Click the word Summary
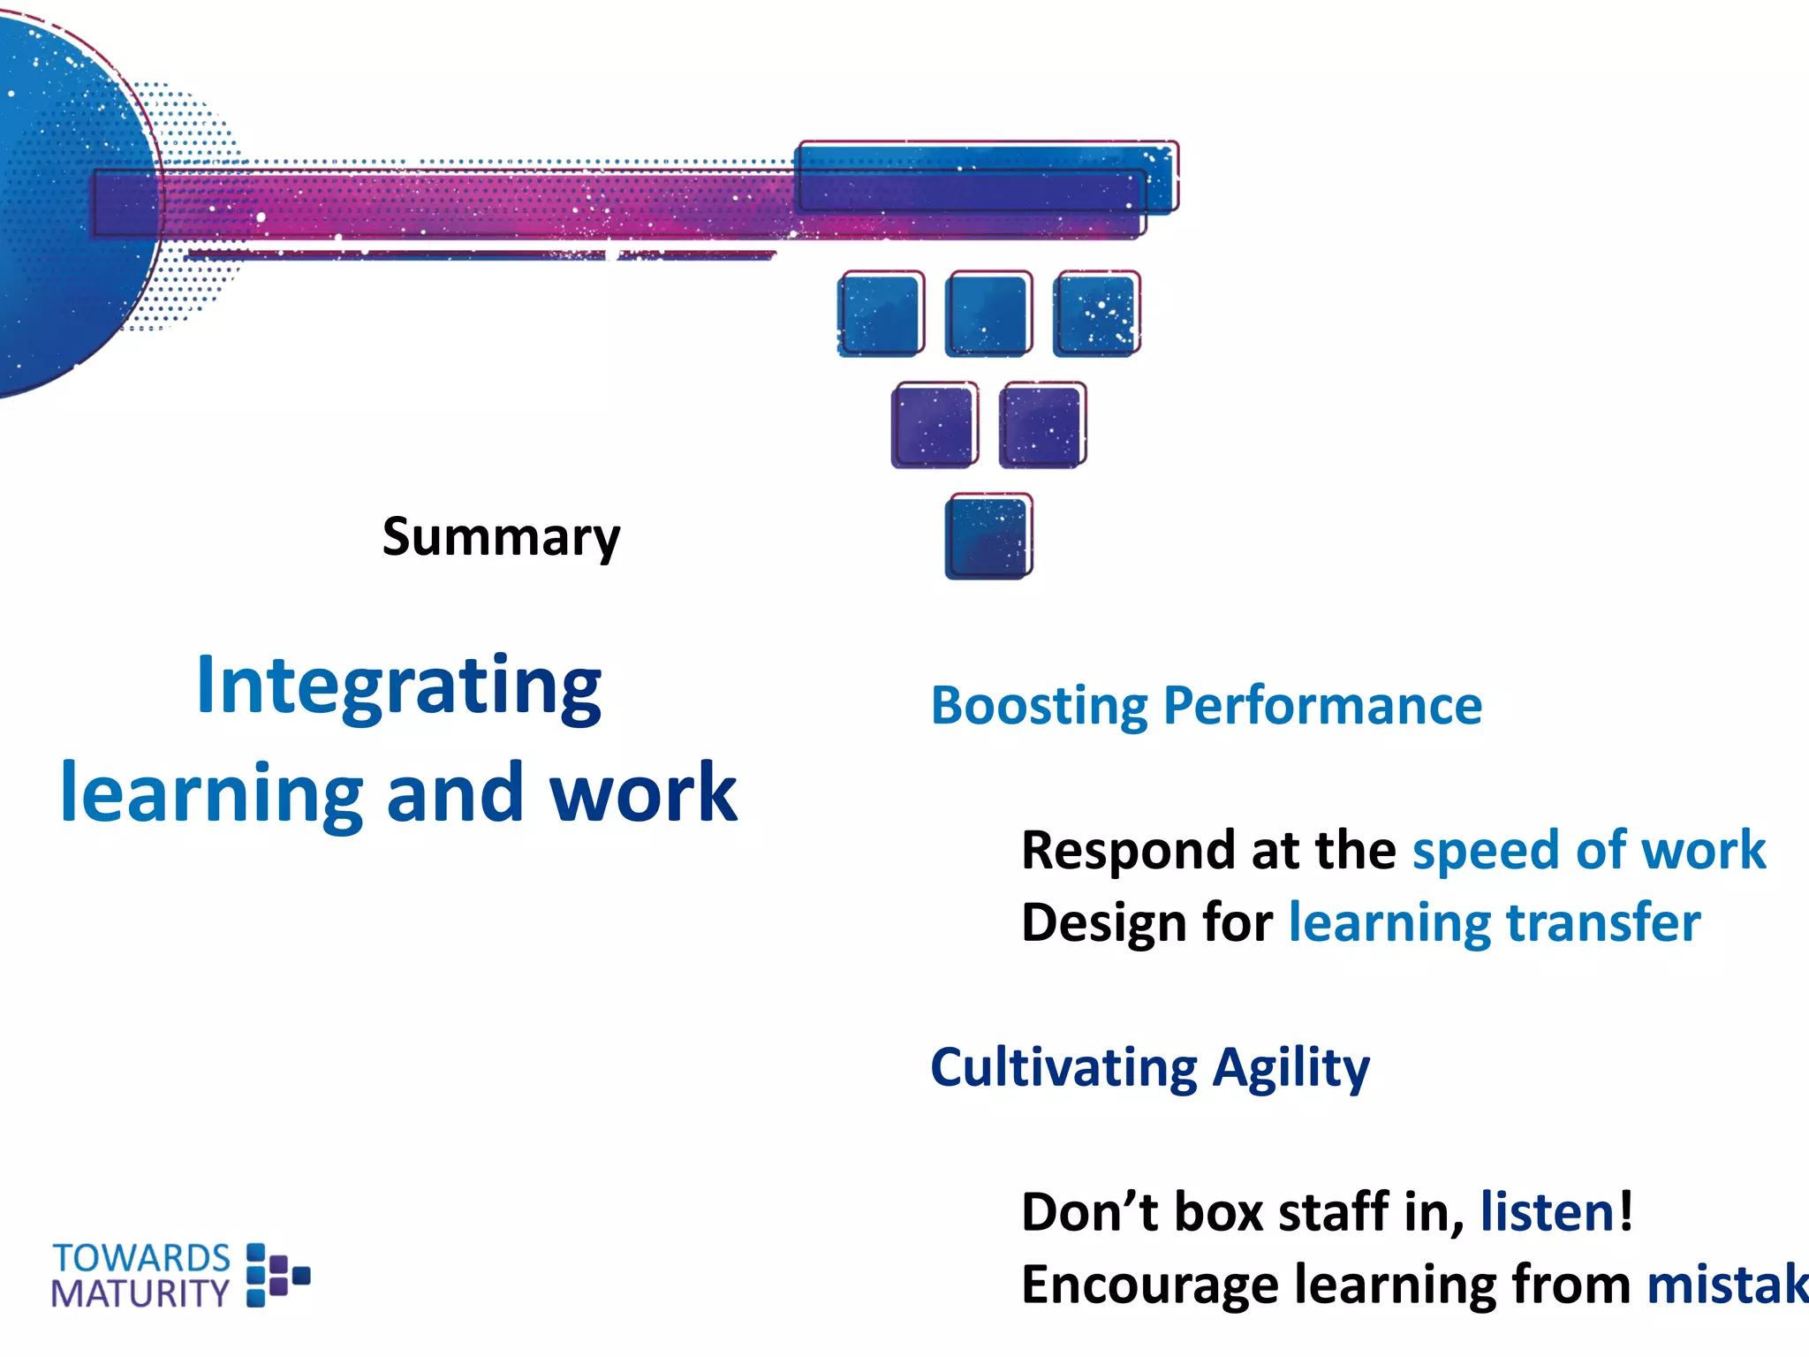(x=501, y=536)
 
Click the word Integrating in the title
(x=398, y=686)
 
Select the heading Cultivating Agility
(x=1149, y=1067)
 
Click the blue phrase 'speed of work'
(x=1588, y=850)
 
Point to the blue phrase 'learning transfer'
(x=1494, y=922)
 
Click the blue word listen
(x=1548, y=1211)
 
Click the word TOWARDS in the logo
(x=141, y=1258)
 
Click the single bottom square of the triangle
(x=988, y=536)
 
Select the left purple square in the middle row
(x=934, y=425)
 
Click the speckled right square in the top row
(x=1096, y=314)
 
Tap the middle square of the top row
(x=988, y=314)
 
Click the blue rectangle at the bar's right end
(x=986, y=177)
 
